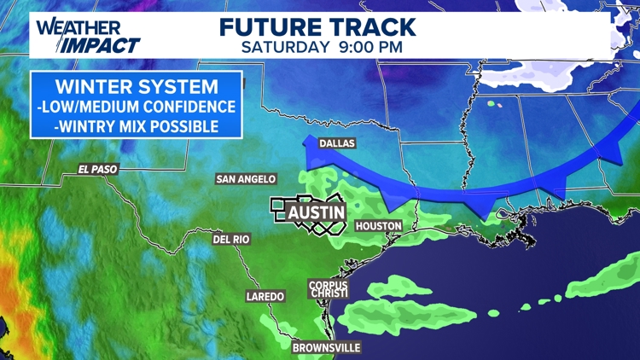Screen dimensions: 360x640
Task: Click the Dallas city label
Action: (336, 144)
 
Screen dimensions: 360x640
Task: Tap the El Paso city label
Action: (95, 169)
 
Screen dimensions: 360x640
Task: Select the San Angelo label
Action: (246, 179)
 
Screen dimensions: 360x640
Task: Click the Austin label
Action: (315, 212)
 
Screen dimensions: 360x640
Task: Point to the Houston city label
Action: (377, 226)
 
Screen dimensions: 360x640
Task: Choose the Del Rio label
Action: (230, 240)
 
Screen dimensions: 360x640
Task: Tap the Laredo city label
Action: (265, 296)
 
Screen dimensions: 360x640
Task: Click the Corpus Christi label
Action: (329, 290)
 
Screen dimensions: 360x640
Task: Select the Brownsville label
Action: (326, 347)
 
